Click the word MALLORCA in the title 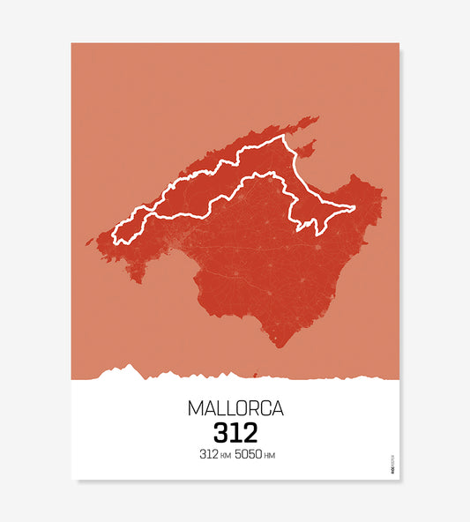coord(235,409)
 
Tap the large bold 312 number coord(235,433)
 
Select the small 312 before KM coord(208,455)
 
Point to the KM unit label coord(226,456)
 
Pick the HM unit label coord(270,456)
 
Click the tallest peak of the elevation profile coord(130,366)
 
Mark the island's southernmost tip coord(279,346)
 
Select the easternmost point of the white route coord(354,208)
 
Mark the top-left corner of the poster coord(71,43)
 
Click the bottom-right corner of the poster coord(399,480)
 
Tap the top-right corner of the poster coord(399,43)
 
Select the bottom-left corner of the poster coord(71,480)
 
